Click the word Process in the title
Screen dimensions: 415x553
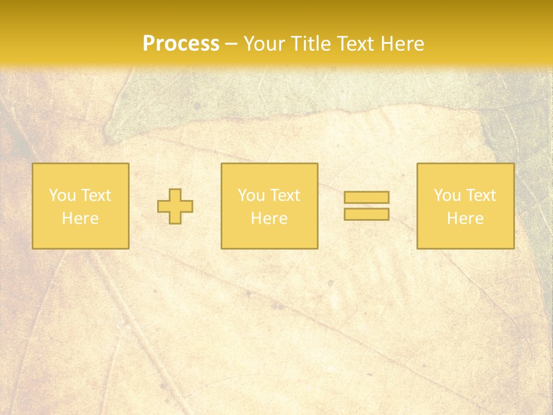(x=181, y=44)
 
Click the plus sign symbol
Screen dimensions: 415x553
(x=175, y=206)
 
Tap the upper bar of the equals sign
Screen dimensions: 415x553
(x=366, y=197)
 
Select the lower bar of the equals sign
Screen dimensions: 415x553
(x=366, y=214)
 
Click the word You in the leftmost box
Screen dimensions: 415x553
(x=62, y=195)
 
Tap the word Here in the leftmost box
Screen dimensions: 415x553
(x=80, y=218)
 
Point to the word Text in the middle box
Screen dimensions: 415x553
(x=285, y=195)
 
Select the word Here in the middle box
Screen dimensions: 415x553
(x=269, y=218)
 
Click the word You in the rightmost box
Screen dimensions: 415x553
(x=447, y=195)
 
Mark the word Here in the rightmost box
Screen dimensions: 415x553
(x=465, y=218)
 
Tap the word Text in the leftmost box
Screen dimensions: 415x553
(x=96, y=195)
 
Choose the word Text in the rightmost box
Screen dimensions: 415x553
(x=480, y=195)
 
